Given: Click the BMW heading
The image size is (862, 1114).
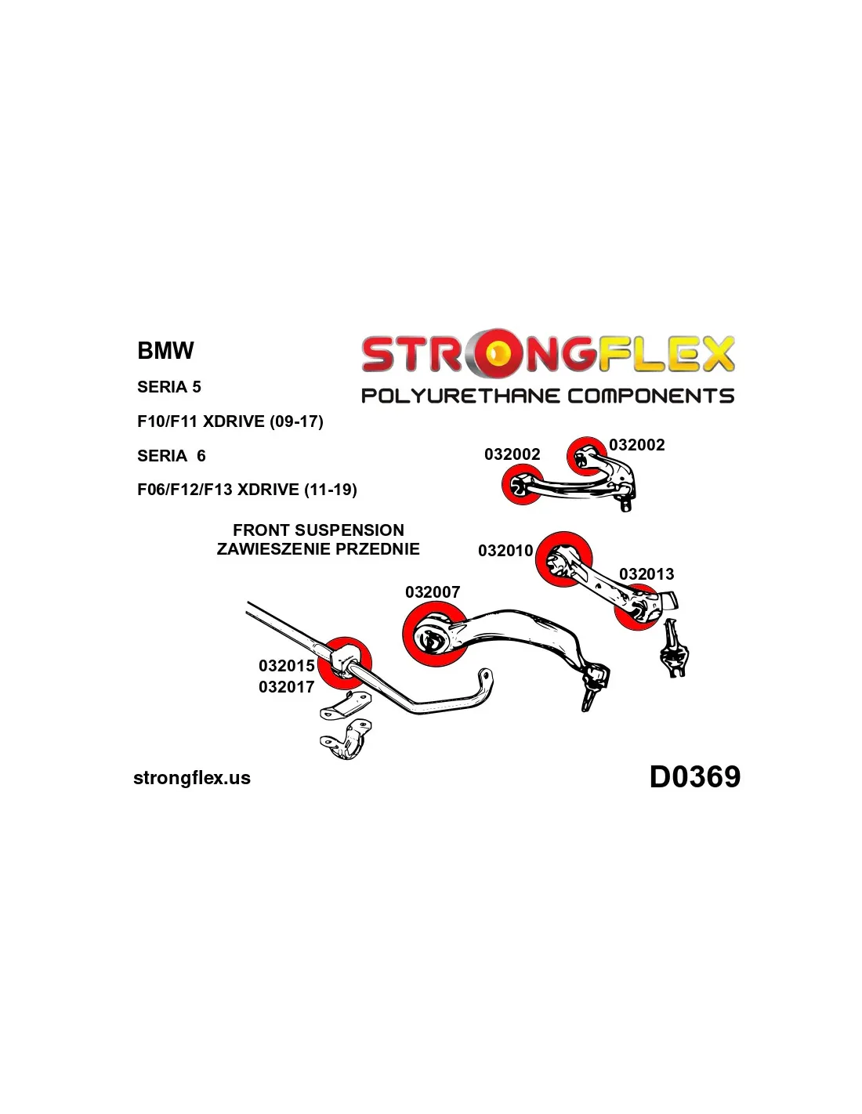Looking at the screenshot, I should pyautogui.click(x=165, y=350).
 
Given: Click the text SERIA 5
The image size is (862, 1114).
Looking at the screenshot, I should pyautogui.click(x=168, y=387).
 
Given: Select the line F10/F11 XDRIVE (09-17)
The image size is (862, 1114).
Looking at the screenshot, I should pyautogui.click(x=230, y=421).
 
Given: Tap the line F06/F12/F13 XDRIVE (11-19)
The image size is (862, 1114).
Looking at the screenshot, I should pyautogui.click(x=247, y=490).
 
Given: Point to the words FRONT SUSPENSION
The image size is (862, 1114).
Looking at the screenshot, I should pyautogui.click(x=318, y=530).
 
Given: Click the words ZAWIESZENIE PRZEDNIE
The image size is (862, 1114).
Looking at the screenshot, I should pyautogui.click(x=318, y=549).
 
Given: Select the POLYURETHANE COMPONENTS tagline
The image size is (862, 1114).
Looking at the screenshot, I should pyautogui.click(x=548, y=396).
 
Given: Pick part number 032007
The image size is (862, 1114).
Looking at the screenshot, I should pyautogui.click(x=433, y=592).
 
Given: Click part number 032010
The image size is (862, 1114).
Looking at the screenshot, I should pyautogui.click(x=505, y=551).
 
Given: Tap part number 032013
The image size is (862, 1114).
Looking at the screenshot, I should pyautogui.click(x=646, y=574).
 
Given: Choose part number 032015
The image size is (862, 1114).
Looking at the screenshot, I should pyautogui.click(x=287, y=666).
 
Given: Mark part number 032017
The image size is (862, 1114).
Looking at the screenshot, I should pyautogui.click(x=287, y=687).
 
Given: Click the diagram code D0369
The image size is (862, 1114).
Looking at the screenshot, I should pyautogui.click(x=694, y=777).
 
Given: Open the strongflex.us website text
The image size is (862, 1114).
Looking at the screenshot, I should pyautogui.click(x=192, y=778).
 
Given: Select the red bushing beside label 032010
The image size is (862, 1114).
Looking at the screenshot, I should pyautogui.click(x=563, y=558).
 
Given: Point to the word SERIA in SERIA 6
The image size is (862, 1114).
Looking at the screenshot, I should pyautogui.click(x=162, y=456).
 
